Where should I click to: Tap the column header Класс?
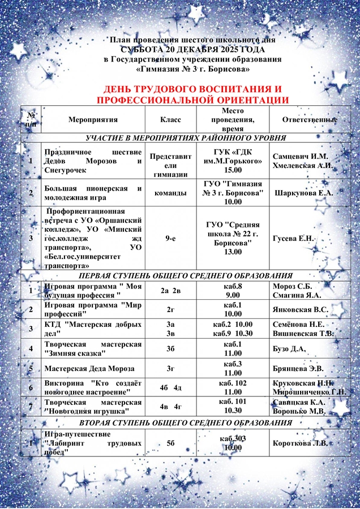click(170, 120)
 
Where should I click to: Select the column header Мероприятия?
click(93, 120)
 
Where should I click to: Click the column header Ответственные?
click(310, 120)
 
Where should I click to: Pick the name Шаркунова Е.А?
click(303, 193)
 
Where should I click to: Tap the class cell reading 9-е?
click(170, 239)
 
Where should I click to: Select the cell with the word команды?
click(170, 193)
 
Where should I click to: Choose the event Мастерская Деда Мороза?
click(89, 369)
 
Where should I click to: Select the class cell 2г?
click(170, 309)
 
